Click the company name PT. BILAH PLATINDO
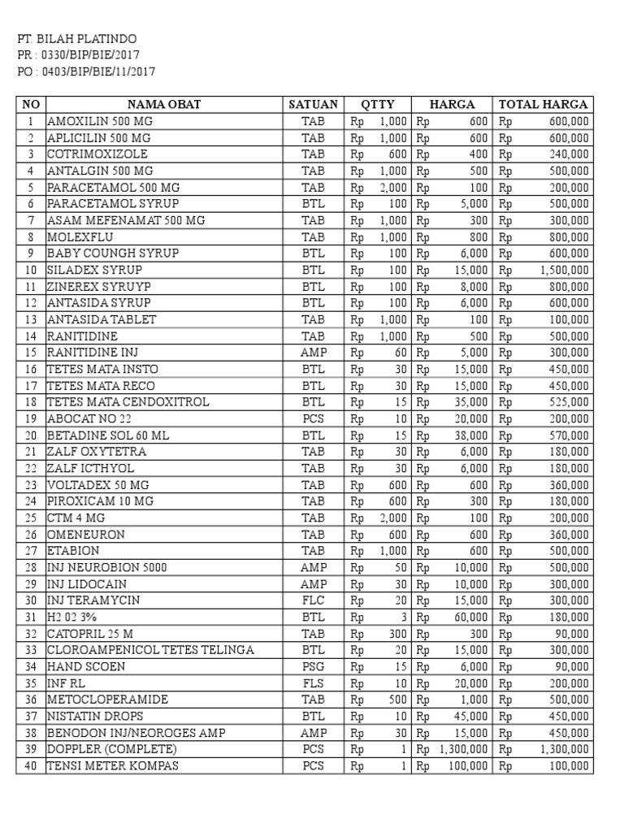(x=78, y=39)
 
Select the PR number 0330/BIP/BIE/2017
(x=78, y=55)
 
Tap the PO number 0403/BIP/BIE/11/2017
(x=86, y=71)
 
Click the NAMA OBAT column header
(x=163, y=104)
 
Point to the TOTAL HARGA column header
(x=544, y=104)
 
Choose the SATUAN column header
(x=313, y=104)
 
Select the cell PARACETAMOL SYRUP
(x=113, y=203)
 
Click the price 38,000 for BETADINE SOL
(x=471, y=435)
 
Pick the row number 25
(x=31, y=518)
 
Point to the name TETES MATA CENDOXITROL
(x=128, y=402)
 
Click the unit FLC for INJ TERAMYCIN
(x=313, y=600)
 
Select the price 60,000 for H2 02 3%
(x=471, y=617)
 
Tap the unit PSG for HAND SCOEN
(x=313, y=666)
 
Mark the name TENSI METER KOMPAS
(x=113, y=765)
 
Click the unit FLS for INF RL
(x=313, y=683)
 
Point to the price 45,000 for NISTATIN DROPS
(x=471, y=716)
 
